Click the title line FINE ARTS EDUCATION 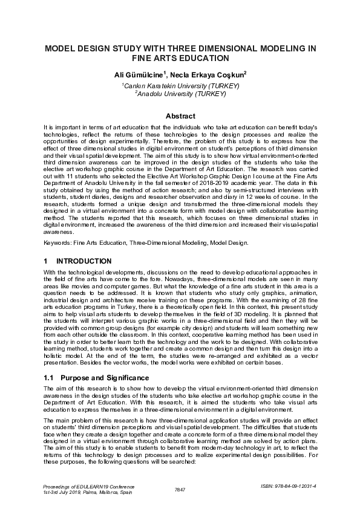[180, 58]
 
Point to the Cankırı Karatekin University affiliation [180, 86]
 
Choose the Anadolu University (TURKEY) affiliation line [180, 94]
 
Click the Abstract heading [180, 116]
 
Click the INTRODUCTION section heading [83, 261]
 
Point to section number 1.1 [49, 377]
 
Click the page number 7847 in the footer [180, 489]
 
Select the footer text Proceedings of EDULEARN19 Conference [88, 486]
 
